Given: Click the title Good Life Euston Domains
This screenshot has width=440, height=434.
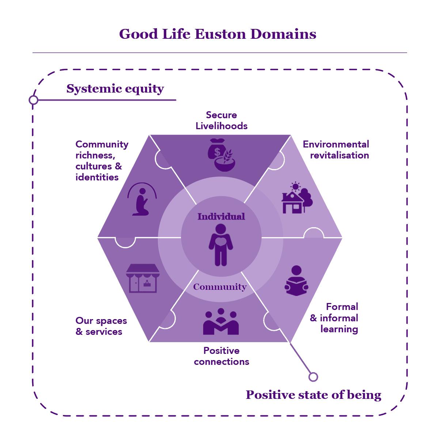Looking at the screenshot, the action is pos(217,34).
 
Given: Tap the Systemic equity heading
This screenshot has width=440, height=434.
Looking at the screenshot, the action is pos(115,89).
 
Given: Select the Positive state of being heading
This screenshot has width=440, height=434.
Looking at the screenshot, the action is pos(314,395).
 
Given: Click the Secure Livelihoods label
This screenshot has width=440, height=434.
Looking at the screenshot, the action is pos(221,120).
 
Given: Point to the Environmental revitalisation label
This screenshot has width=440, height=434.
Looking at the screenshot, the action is pos(336,150).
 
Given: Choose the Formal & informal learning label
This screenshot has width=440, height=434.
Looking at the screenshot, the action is pos(334,318).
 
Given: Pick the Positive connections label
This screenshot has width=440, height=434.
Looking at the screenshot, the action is pos(221,356).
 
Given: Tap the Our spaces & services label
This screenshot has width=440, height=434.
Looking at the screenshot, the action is pos(101,326).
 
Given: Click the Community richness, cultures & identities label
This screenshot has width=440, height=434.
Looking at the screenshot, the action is pos(102,161).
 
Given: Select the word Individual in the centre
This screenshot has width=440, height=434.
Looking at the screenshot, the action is pos(221,217).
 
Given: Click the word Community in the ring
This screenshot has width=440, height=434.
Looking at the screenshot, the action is pos(220,287).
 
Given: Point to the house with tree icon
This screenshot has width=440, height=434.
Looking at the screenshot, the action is pos(297,198).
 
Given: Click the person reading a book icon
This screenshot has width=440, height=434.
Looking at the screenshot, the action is pos(296,281).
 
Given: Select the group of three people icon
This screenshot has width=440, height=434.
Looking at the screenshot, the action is pos(221,322).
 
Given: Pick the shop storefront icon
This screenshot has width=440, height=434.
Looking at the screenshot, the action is pos(143,278).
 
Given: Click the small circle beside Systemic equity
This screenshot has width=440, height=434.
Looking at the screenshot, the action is pos(34,100).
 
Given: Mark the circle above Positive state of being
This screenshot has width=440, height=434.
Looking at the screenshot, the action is pos(313,377).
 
